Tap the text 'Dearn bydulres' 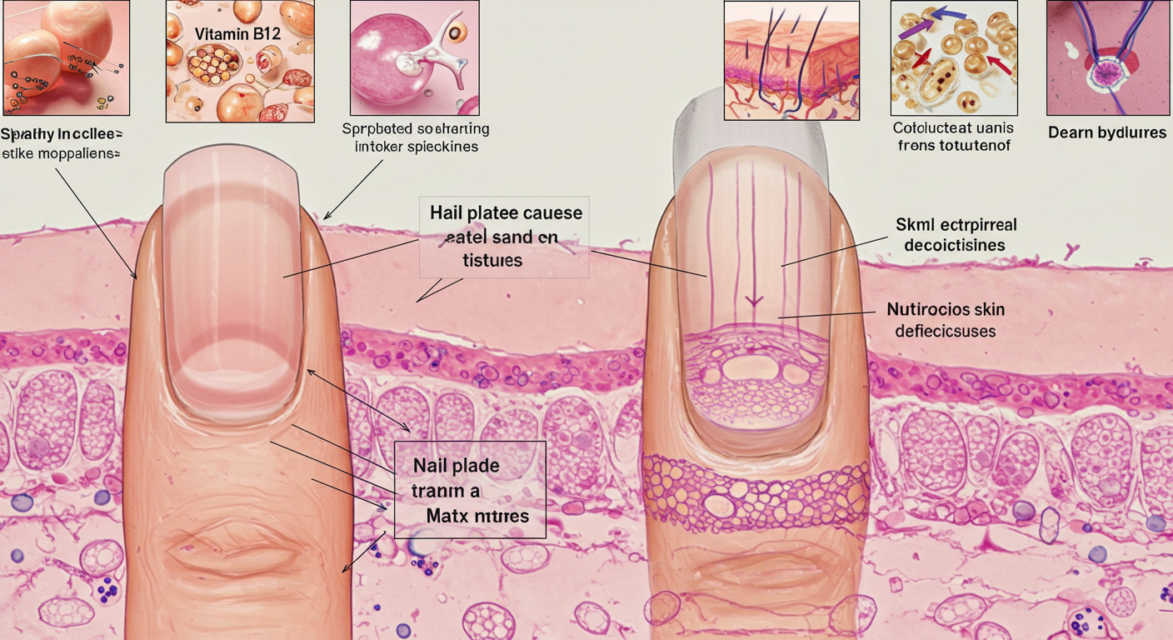click(1106, 132)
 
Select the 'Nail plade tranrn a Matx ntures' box click(469, 490)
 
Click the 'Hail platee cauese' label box click(505, 236)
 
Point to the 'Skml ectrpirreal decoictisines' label click(956, 235)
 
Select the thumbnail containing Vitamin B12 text click(240, 61)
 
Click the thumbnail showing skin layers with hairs click(791, 57)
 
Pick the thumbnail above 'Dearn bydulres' click(1107, 57)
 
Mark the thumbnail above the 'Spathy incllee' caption click(65, 57)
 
